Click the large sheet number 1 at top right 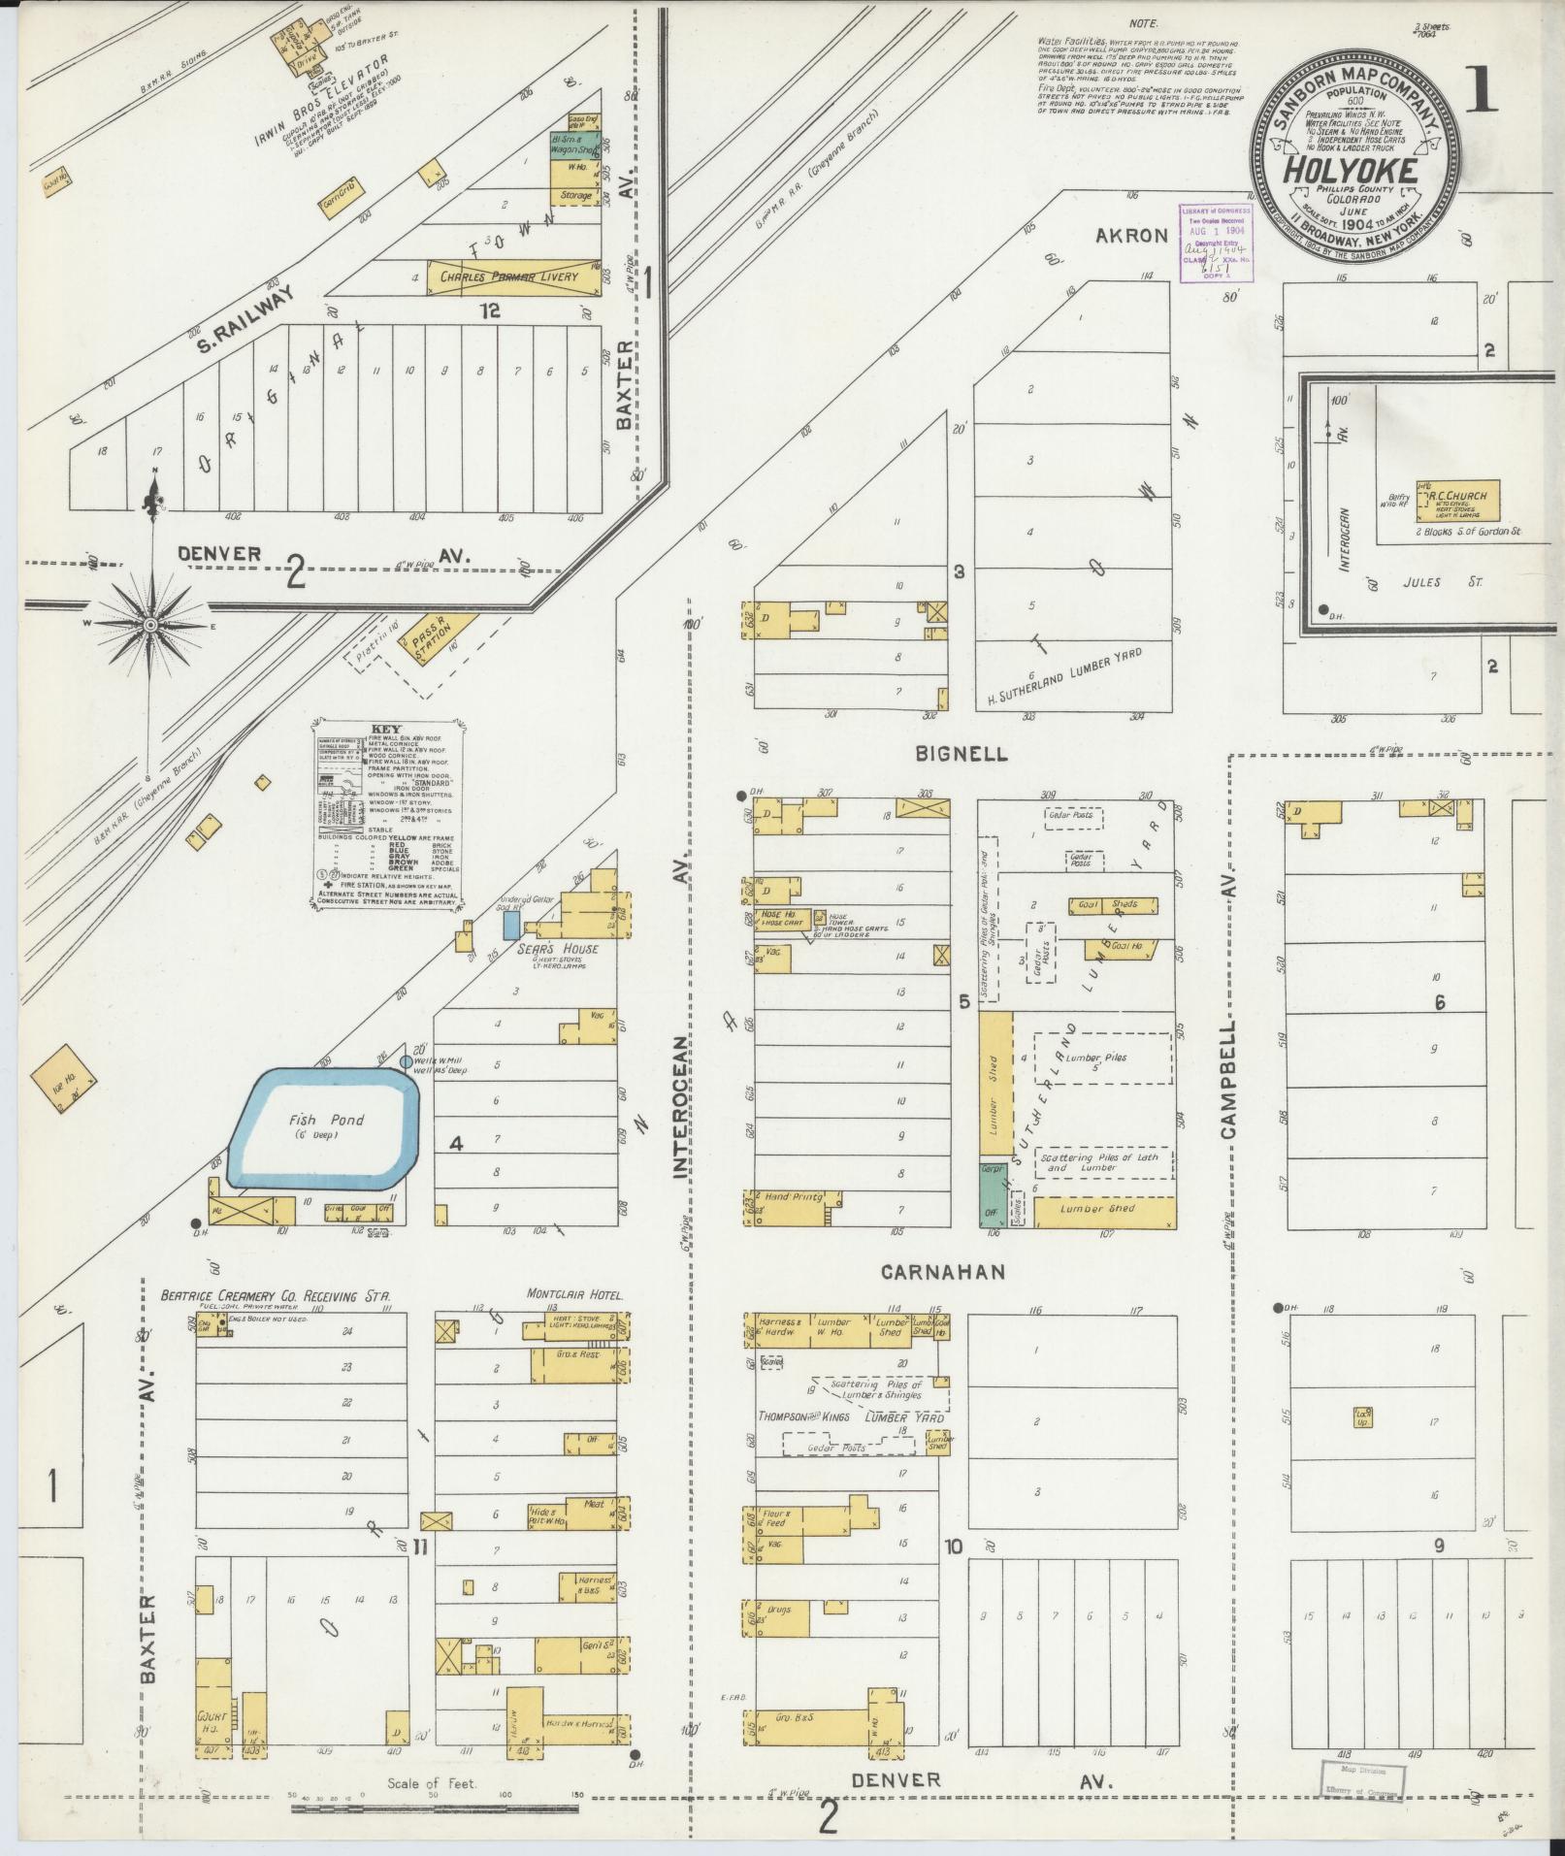pyautogui.click(x=1483, y=95)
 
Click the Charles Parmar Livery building pyautogui.click(x=510, y=277)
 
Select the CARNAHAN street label pyautogui.click(x=941, y=1271)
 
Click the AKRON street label pyautogui.click(x=1130, y=236)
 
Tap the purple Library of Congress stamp pyautogui.click(x=1215, y=243)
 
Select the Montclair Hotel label pyautogui.click(x=574, y=1293)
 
